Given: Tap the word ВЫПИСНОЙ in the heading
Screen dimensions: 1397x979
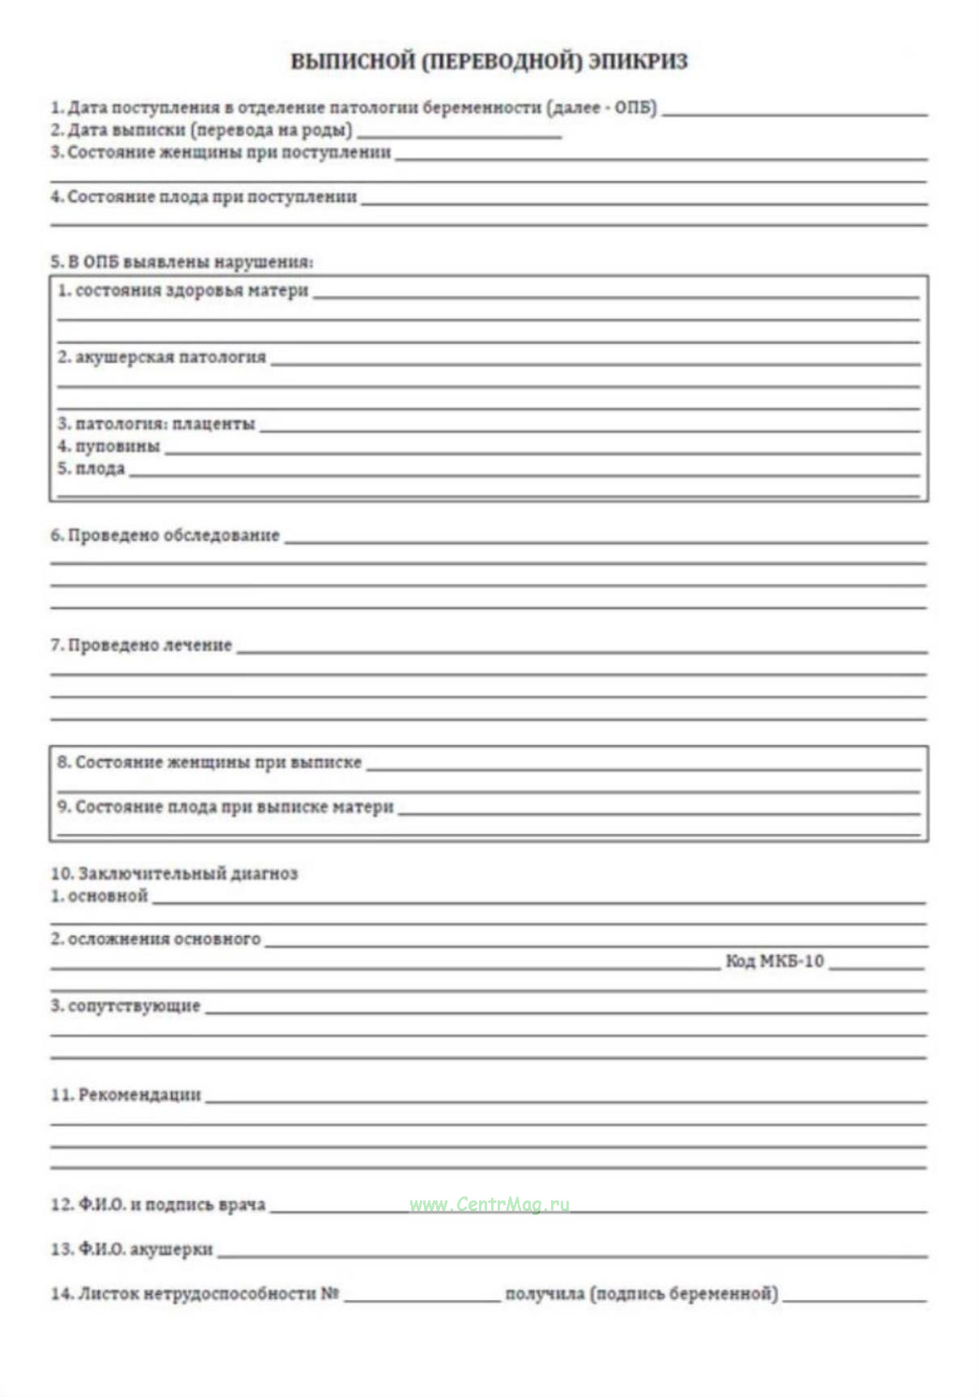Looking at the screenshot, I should tap(353, 61).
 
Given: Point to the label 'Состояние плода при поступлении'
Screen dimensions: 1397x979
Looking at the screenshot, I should tap(212, 197).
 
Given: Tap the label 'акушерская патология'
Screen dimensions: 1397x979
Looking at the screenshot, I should tap(170, 357).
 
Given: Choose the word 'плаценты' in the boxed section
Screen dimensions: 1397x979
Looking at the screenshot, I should tap(214, 423).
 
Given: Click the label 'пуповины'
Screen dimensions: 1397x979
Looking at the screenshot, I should tap(117, 446).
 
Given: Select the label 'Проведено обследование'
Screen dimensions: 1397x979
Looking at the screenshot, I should tap(173, 535).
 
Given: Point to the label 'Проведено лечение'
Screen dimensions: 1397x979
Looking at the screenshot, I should tap(150, 645).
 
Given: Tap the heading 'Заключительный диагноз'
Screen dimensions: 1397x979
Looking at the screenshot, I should tap(188, 873).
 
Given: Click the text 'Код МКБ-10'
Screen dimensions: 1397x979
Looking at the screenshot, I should tap(774, 961).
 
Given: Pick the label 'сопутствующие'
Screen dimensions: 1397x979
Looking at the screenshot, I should tap(133, 1005).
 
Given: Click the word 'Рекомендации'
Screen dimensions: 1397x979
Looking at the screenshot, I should tap(139, 1094).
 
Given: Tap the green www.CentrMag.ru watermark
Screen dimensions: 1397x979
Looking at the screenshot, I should tap(489, 1204).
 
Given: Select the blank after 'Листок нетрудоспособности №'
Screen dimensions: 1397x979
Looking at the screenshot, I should tap(422, 1298).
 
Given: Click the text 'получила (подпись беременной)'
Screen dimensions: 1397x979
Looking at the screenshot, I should tap(641, 1293).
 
